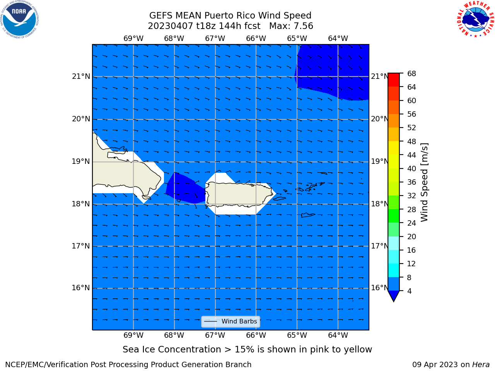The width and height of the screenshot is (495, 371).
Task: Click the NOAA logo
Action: coord(19,19)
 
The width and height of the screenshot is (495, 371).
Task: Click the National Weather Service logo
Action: coord(476,19)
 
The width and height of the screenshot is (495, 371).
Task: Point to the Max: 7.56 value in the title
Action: coord(291,26)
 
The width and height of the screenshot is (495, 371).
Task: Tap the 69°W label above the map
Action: coord(133,38)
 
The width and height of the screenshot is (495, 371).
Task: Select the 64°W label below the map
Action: coord(338,335)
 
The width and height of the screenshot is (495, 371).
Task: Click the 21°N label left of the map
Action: coord(81,77)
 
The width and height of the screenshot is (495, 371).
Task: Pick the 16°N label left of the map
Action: coord(81,288)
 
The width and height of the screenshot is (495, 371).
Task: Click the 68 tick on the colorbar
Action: coord(411,74)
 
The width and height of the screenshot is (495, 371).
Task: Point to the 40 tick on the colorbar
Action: coord(411,168)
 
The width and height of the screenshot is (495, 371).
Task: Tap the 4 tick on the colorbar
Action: coord(409,291)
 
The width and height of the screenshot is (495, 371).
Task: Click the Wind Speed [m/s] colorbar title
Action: coord(424,182)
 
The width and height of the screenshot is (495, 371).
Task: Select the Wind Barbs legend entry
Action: coord(230,322)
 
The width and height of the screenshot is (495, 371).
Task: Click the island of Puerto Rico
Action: coord(239,194)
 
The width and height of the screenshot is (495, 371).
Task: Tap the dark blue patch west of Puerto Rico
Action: coord(185,189)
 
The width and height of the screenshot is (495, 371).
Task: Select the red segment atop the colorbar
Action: coord(394,80)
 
